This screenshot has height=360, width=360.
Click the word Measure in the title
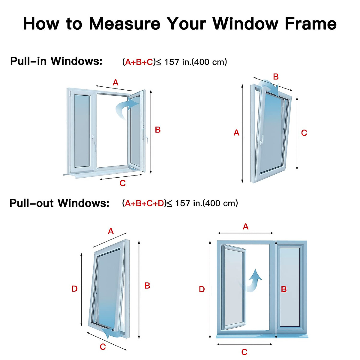124,24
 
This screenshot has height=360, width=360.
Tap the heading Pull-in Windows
56,61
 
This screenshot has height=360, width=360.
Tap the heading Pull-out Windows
59,203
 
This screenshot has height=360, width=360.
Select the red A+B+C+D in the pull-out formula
145,203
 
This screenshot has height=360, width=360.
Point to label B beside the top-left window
157,130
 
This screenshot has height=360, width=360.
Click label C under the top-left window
122,183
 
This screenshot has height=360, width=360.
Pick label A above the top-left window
115,82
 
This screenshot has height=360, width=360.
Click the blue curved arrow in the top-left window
126,109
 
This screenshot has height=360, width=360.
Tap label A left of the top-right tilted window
236,133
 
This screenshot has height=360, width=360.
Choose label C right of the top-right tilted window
304,133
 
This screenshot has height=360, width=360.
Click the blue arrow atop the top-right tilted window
270,85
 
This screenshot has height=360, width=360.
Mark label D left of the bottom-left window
74,289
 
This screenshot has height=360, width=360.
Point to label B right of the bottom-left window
147,286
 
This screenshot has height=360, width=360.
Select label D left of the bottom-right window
202,289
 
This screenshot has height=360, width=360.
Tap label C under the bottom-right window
244,352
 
